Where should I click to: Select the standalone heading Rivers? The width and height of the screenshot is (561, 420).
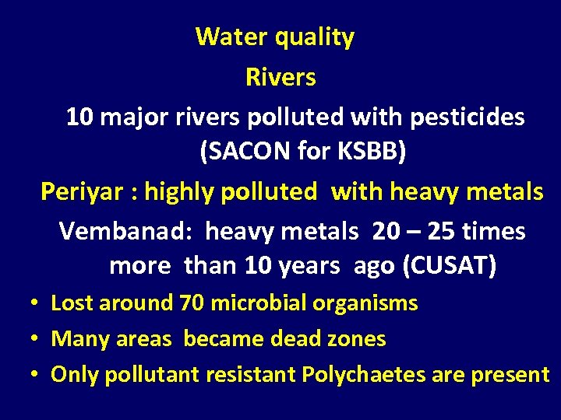click(280, 77)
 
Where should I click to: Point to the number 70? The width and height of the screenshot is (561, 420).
click(191, 303)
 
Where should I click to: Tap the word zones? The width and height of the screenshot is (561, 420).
click(358, 339)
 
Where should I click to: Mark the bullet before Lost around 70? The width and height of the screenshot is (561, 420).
click(36, 303)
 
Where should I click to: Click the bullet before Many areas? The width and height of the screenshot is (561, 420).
click(36, 339)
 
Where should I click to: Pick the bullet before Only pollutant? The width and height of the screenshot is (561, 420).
click(36, 375)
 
